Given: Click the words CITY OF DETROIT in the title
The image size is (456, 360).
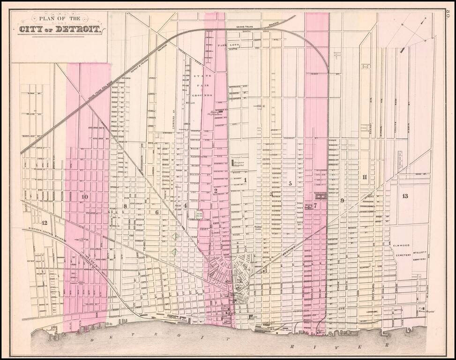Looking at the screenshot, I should (60, 29).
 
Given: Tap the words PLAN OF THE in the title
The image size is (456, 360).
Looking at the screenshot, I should (60, 19).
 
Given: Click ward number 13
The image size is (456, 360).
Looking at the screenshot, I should (405, 195).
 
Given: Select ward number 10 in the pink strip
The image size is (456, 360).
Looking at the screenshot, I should (84, 197).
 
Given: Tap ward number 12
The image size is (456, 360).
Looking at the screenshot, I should (45, 223).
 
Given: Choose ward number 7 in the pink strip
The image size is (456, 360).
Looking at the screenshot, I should (315, 205).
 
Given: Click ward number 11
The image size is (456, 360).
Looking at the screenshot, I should (364, 177).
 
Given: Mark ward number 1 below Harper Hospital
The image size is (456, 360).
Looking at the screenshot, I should (245, 180).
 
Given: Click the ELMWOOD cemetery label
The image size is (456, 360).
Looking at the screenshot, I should (402, 245).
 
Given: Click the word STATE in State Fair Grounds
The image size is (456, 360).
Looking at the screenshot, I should (206, 76).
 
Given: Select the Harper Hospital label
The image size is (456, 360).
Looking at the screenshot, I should (243, 164).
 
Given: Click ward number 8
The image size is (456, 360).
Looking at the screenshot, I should (125, 206).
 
